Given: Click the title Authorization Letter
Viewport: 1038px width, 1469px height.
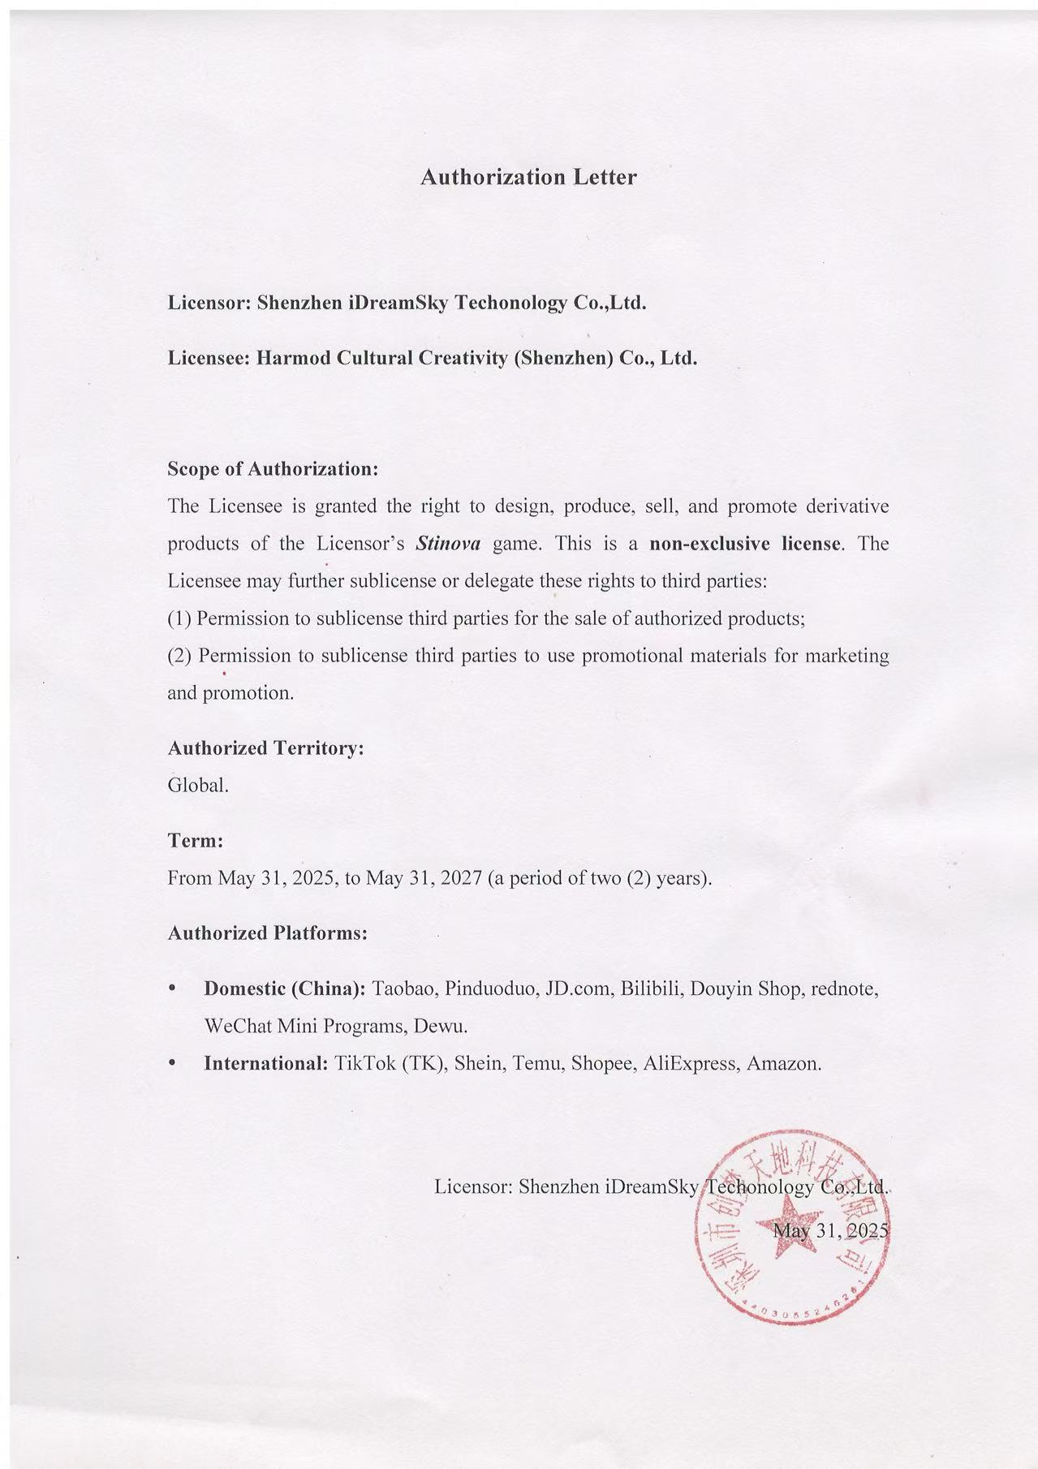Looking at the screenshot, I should point(528,177).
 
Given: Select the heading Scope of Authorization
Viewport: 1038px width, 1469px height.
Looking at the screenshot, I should point(273,469).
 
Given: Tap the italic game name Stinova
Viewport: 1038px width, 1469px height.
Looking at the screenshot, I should point(448,544).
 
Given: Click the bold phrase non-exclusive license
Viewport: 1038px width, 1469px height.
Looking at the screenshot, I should point(746,544).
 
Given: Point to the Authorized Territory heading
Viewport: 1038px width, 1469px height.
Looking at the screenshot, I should point(265,748).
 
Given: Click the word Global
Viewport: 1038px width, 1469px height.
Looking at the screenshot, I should point(198,786).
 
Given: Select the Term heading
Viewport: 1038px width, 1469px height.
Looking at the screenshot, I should point(195,841).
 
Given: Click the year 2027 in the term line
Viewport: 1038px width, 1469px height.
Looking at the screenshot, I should point(461,878).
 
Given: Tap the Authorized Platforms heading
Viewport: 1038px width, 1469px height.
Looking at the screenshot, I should point(268,933).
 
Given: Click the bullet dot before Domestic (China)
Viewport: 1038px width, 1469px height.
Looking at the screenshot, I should point(171,989).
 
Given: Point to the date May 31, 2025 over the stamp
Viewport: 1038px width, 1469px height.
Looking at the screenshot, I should point(830,1230).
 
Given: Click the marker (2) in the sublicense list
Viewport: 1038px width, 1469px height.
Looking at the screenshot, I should point(179,656).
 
